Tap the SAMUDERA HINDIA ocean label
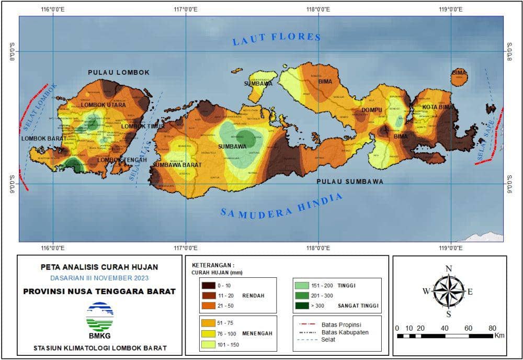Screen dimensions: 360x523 [281, 205]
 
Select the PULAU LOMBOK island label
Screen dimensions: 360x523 [119, 73]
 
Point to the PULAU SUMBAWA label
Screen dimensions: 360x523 [350, 182]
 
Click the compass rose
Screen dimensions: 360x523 [449, 291]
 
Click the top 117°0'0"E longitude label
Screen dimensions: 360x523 [186, 9]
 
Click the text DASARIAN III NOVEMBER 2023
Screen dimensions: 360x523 [99, 277]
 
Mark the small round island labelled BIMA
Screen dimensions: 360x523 [459, 77]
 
